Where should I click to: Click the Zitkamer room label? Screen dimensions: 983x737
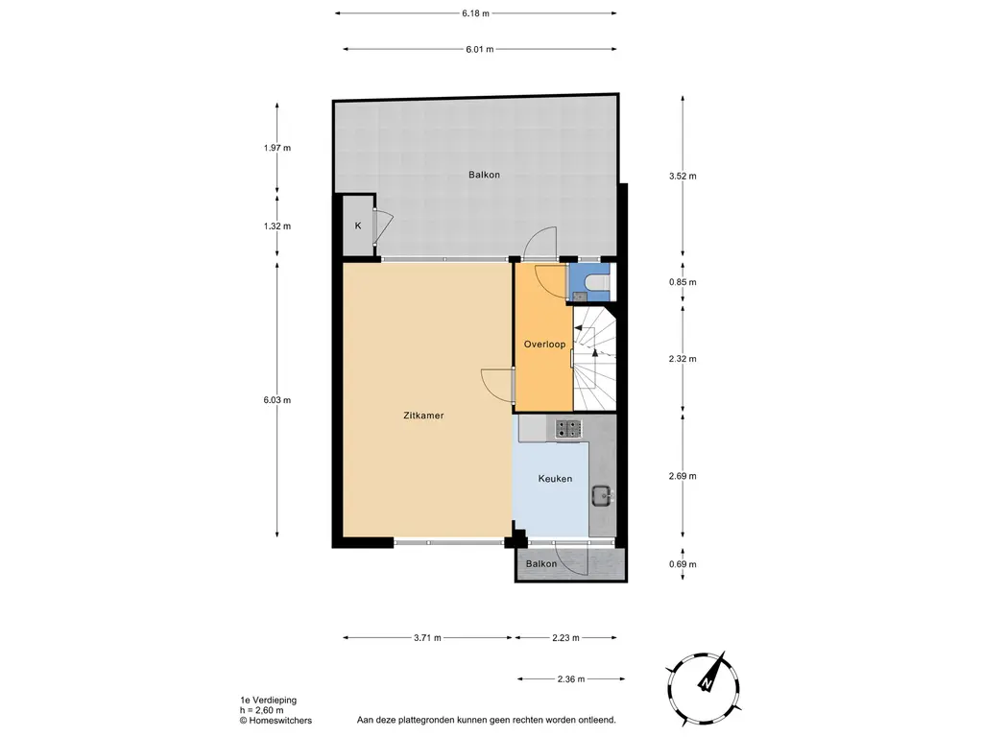423,415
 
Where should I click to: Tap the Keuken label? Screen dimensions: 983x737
555,479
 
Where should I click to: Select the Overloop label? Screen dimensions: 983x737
544,345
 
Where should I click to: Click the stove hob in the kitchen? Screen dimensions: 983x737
568,429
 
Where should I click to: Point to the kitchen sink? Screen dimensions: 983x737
601,496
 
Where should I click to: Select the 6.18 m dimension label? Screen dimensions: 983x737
475,13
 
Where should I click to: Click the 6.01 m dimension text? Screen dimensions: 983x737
480,49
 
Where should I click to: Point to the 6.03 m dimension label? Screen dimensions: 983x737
277,400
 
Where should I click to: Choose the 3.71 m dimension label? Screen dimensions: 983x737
427,638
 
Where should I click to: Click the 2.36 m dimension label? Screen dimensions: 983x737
570,678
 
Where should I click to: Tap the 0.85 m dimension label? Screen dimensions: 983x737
683,282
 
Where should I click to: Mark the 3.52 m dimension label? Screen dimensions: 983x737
683,177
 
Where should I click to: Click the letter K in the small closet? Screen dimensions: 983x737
358,226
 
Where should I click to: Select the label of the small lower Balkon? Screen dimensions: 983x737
541,564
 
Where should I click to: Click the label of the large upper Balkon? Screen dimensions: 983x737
484,175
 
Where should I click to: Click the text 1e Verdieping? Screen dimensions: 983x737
269,700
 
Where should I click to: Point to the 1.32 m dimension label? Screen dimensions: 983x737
277,226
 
